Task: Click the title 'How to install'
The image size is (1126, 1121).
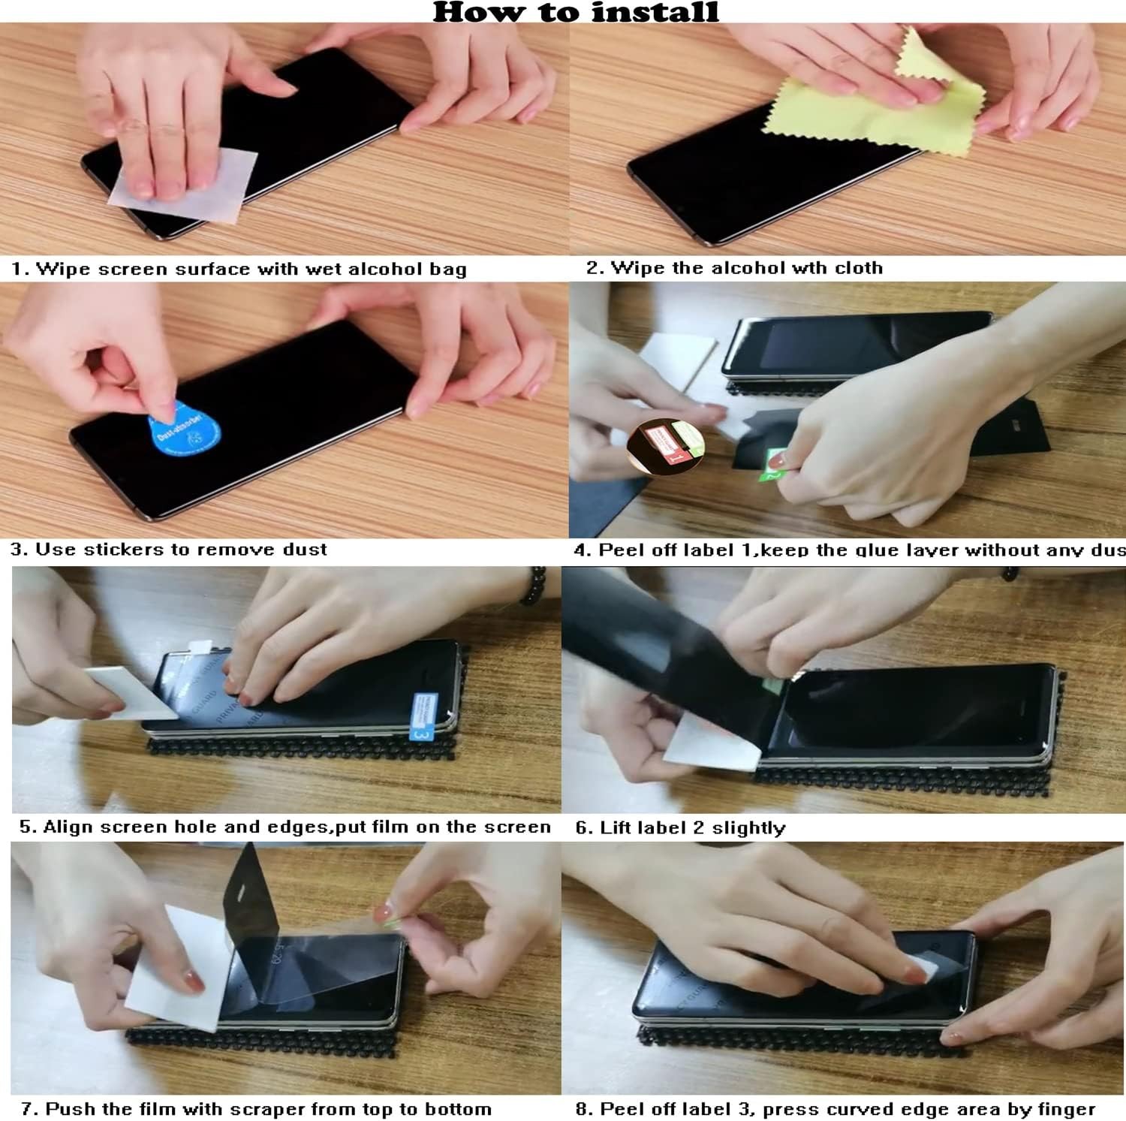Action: [576, 11]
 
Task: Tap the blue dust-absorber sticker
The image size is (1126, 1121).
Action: [184, 431]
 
